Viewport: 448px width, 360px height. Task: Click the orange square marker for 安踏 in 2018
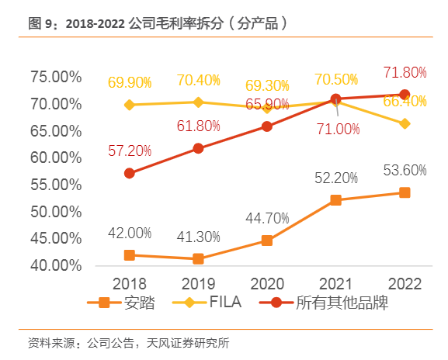coord(130,255)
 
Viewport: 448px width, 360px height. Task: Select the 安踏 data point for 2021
coord(335,200)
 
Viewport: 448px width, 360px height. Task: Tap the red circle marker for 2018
coord(130,173)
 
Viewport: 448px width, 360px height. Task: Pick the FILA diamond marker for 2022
coord(405,123)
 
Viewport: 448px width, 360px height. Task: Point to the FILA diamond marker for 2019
coord(198,102)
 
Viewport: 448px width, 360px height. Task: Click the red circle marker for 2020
coord(267,126)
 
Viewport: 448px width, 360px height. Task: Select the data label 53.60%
coord(405,171)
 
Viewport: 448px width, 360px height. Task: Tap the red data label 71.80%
coord(405,73)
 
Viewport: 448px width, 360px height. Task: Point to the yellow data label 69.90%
coord(130,81)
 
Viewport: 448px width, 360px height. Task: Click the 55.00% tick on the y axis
coord(55,185)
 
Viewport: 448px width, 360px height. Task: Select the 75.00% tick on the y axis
coord(55,77)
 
